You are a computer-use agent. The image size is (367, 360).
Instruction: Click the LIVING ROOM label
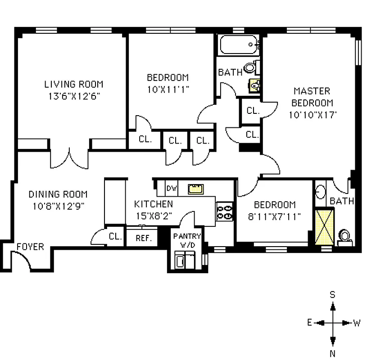tap(73, 84)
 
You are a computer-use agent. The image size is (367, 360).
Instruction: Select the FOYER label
tap(30, 247)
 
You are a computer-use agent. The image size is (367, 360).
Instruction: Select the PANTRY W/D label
tap(187, 240)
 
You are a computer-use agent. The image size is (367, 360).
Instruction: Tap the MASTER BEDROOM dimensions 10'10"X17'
tap(313, 115)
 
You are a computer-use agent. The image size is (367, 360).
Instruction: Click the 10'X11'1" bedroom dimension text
tap(168, 89)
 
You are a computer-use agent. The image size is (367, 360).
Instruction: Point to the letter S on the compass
tap(333, 295)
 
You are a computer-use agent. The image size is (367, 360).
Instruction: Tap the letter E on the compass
tap(310, 323)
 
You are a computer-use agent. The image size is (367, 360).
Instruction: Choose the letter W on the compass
tap(357, 323)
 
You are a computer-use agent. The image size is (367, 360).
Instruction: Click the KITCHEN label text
tap(154, 204)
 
